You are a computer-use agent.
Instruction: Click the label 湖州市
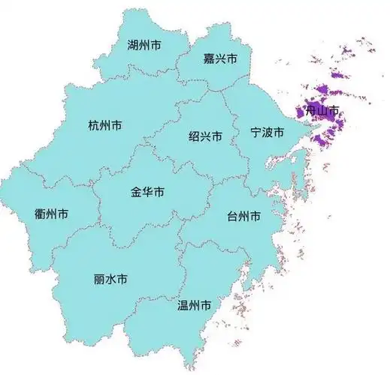click(144, 46)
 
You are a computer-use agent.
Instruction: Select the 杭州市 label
click(104, 125)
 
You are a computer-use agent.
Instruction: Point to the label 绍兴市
click(205, 136)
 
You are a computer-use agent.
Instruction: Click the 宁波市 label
click(267, 133)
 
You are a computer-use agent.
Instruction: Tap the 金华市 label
click(147, 192)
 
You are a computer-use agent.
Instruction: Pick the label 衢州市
click(51, 214)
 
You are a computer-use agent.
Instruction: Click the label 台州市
click(243, 217)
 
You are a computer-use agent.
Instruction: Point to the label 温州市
click(193, 305)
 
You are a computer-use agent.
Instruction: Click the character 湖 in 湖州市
click(133, 46)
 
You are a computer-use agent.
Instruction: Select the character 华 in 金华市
click(147, 192)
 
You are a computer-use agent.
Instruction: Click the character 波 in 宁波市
click(267, 133)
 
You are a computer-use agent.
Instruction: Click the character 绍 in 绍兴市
click(194, 136)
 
